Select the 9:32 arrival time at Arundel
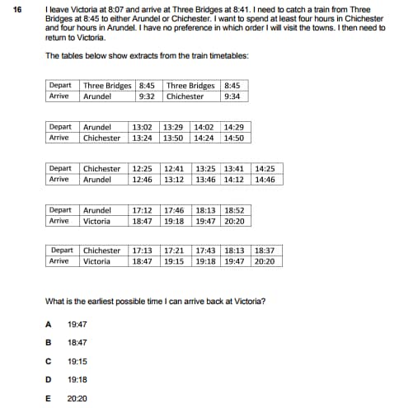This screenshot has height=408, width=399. pyautogui.click(x=148, y=96)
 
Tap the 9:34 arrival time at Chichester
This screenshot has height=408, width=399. pyautogui.click(x=232, y=96)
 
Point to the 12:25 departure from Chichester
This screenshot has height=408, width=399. pyautogui.click(x=143, y=168)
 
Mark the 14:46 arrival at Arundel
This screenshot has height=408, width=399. pyautogui.click(x=265, y=179)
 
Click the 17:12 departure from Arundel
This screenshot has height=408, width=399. pyautogui.click(x=143, y=210)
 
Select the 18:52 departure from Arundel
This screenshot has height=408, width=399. pyautogui.click(x=235, y=210)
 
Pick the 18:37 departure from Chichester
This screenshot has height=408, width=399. pyautogui.click(x=265, y=251)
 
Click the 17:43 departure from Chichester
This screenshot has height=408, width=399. pyautogui.click(x=204, y=251)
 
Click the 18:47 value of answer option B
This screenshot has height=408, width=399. pyautogui.click(x=77, y=342)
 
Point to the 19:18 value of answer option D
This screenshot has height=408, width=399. pyautogui.click(x=77, y=378)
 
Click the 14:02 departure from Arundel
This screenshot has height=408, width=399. pyautogui.click(x=203, y=127)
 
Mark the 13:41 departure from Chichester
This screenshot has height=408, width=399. pyautogui.click(x=235, y=168)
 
